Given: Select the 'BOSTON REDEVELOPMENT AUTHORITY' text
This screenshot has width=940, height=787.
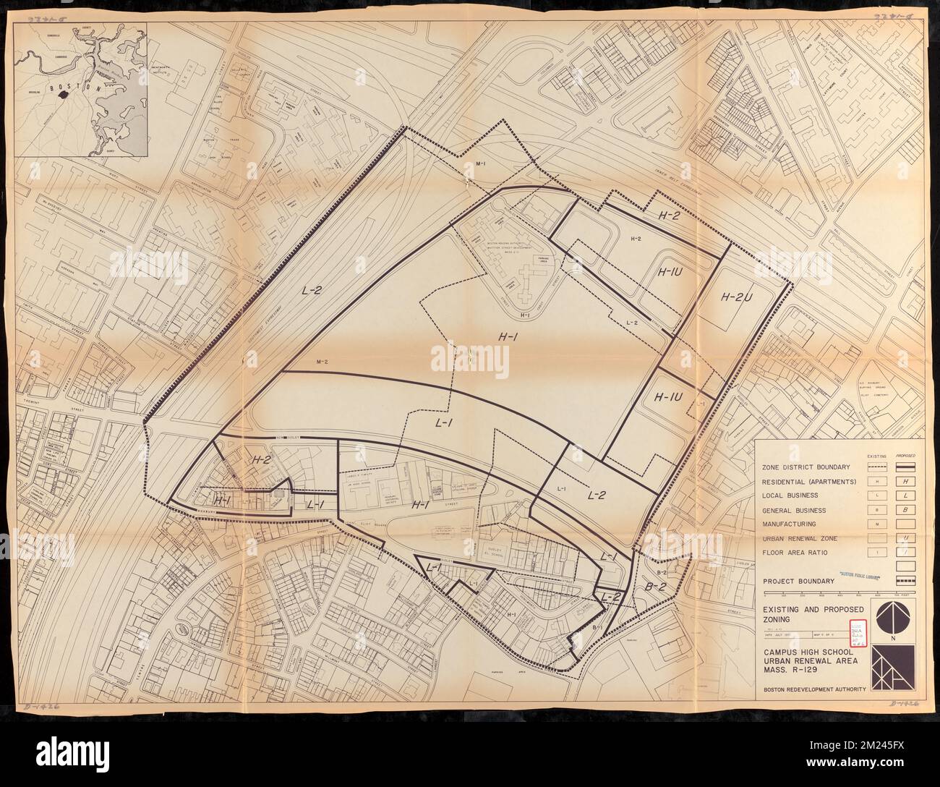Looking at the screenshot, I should click(x=815, y=689).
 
